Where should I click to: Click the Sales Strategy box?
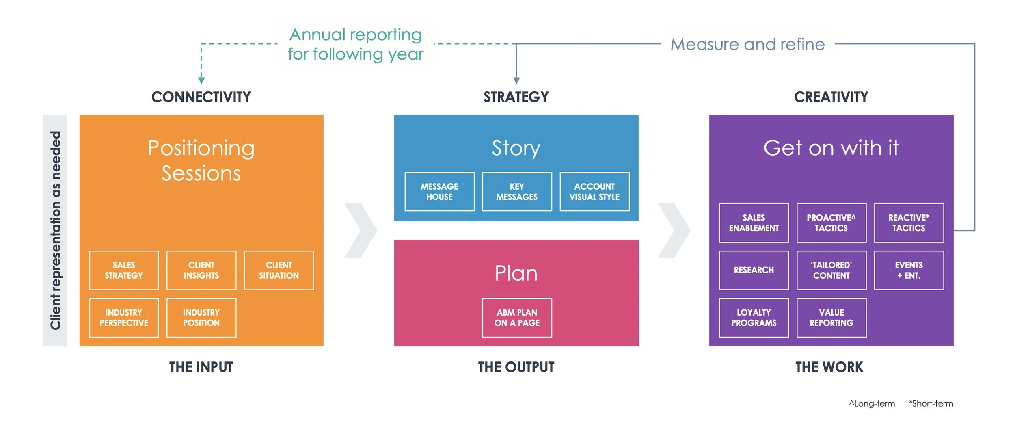coord(124,270)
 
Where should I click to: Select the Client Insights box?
coord(201,270)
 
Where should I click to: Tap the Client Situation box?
coord(279,270)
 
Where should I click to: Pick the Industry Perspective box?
coord(124,318)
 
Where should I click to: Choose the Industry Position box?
coord(201,318)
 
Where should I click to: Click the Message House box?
coord(439,192)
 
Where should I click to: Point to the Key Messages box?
coord(517,192)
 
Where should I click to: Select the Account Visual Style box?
coord(594,192)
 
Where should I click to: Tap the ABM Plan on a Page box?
coord(517,318)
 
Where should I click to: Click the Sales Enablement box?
coord(754,223)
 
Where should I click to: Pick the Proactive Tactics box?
coord(831,223)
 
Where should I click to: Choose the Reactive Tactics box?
coord(909,223)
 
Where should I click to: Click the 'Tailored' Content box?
coord(831,270)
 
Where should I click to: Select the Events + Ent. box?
coord(909,270)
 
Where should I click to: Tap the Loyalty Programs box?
coord(754,318)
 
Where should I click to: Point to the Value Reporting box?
coord(831,318)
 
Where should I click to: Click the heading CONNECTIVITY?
coord(201,97)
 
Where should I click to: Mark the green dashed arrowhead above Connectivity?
coord(201,80)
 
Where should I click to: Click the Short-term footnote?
coord(931,403)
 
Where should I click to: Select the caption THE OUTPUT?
coord(516,367)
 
